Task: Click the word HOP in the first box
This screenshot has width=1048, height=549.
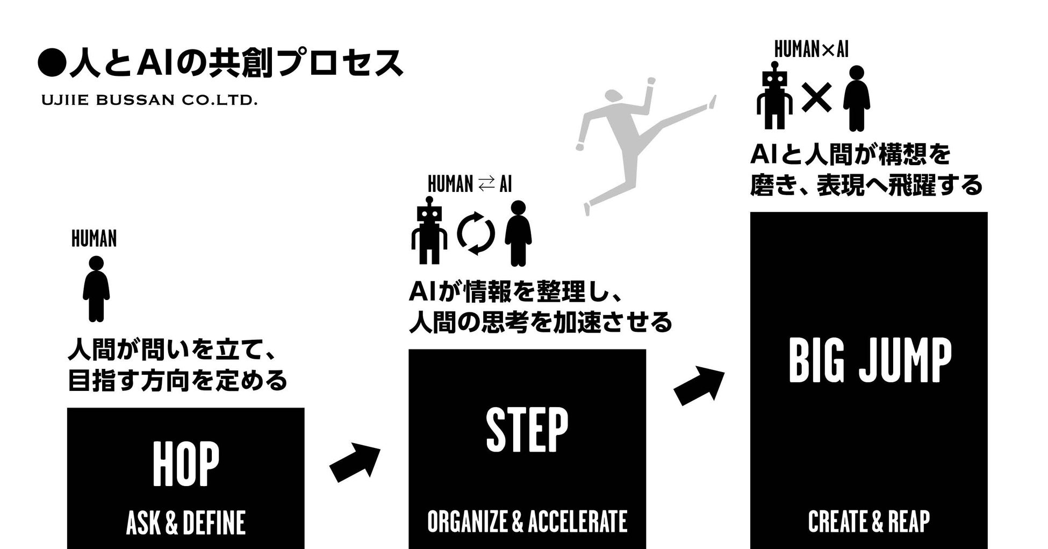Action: [185, 464]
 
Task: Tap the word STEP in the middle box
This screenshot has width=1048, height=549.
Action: [527, 430]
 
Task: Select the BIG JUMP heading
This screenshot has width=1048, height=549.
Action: [870, 361]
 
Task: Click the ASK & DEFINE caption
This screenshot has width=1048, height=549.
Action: [185, 523]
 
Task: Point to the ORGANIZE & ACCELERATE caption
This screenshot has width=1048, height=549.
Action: [527, 522]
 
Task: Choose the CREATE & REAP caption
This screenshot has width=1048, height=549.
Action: [868, 522]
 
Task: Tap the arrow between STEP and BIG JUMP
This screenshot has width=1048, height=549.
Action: [699, 385]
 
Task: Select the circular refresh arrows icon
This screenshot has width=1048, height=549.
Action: [476, 234]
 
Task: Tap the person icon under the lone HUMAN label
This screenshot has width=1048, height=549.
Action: [96, 289]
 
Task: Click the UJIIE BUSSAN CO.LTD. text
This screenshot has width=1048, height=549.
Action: [149, 101]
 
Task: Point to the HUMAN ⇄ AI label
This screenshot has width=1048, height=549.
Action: [470, 184]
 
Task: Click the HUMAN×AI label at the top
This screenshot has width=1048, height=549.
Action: [811, 50]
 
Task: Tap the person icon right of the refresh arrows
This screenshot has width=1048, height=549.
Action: [518, 233]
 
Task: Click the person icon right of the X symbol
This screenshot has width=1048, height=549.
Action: [857, 98]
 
